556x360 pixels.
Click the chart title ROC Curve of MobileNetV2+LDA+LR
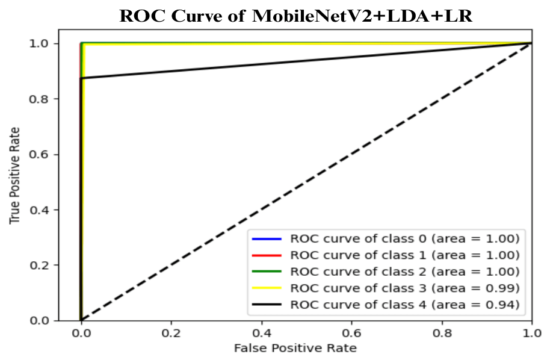pos(295,16)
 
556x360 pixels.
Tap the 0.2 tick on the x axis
pos(171,333)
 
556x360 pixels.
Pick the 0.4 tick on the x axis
pos(262,333)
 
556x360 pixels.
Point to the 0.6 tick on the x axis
pos(352,333)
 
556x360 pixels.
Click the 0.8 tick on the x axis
pos(442,333)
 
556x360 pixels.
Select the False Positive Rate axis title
pos(295,349)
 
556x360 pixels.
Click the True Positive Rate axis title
pos(14,176)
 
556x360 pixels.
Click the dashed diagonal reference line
pos(307,182)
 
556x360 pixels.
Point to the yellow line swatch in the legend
pos(267,288)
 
